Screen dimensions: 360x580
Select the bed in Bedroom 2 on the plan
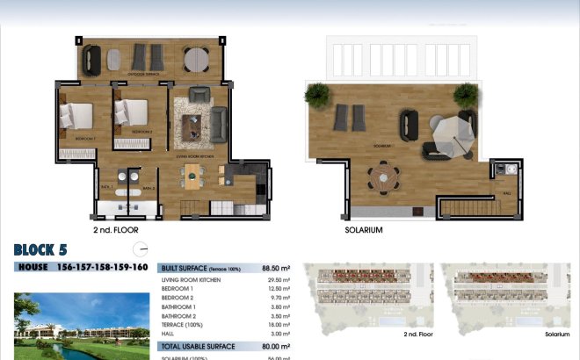[132, 112]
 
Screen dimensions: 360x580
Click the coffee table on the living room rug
[192, 127]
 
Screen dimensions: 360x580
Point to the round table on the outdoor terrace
[196, 59]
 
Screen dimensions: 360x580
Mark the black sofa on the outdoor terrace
[92, 59]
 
